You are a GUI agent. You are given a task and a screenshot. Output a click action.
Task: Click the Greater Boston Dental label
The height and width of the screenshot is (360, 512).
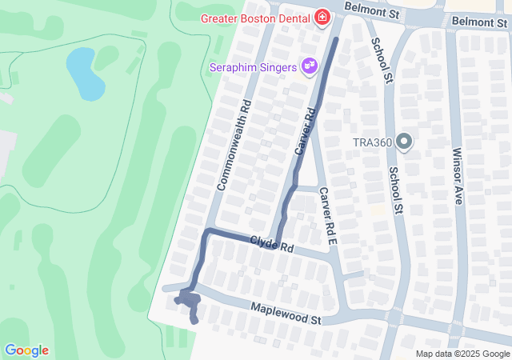click(256, 18)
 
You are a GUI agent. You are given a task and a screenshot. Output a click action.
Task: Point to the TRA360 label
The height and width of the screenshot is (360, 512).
click(372, 143)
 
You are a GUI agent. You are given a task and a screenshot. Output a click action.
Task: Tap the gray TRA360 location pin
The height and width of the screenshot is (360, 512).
click(404, 142)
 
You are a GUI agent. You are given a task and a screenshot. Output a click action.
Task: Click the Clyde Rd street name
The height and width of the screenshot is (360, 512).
click(271, 244)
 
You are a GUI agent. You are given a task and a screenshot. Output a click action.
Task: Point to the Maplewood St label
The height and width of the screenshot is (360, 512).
click(285, 313)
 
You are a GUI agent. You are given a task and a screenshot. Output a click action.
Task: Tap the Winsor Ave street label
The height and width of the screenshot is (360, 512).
click(457, 175)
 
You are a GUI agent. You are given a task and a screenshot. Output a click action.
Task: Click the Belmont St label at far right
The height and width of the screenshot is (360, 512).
click(478, 22)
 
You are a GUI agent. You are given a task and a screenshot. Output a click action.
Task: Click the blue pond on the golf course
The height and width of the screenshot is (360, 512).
click(85, 73)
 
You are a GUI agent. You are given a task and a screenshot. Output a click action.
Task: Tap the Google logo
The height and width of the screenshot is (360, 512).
click(26, 350)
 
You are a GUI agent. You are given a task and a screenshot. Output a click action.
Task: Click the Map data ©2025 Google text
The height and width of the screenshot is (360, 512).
click(462, 354)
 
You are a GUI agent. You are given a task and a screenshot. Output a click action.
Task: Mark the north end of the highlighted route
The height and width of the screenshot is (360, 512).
click(335, 38)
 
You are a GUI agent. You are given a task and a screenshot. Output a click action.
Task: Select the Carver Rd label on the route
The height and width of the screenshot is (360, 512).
click(306, 132)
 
